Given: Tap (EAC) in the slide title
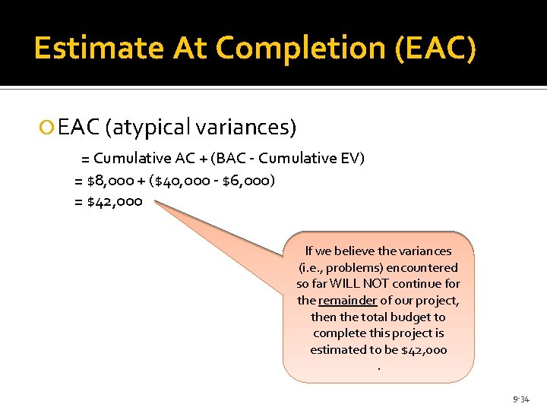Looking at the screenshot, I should [435, 49].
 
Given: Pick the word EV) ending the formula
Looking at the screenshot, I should [352, 159].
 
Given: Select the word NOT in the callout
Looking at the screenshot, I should [394, 283].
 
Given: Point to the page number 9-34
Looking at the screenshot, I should [520, 398].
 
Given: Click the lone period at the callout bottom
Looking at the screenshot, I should [378, 367].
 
